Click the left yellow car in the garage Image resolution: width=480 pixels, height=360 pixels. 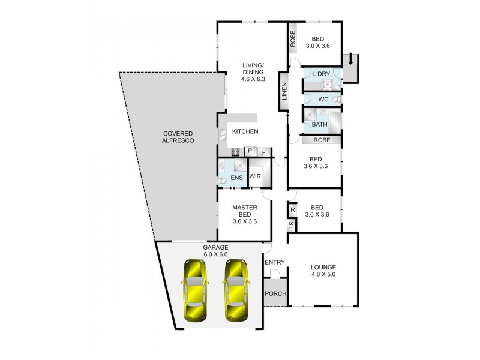click(196, 289)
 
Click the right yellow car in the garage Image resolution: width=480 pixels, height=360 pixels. click(235, 289)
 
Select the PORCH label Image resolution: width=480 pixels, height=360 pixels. click(275, 293)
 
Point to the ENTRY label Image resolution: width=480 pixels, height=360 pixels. click(274, 262)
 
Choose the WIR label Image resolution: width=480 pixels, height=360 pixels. click(255, 176)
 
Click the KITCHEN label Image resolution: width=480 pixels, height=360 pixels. click(245, 131)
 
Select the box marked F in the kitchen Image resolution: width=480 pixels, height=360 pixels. click(263, 152)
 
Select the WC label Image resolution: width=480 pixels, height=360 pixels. click(323, 99)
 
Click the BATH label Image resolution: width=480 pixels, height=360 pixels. click(320, 125)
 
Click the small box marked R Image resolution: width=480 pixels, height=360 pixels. click(292, 210)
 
